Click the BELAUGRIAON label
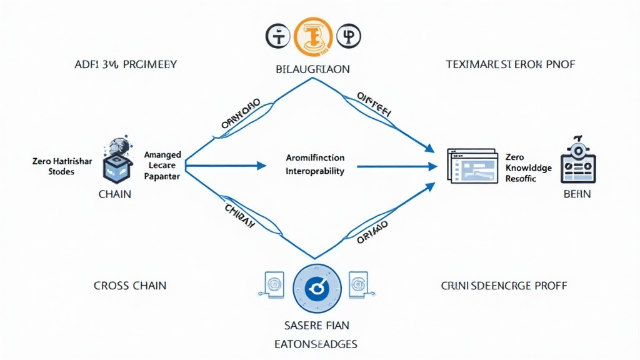pyautogui.click(x=312, y=69)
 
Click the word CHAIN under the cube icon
pyautogui.click(x=115, y=194)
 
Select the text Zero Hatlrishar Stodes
pyautogui.click(x=62, y=166)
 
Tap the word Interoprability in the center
pyautogui.click(x=315, y=171)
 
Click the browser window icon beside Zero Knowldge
pyautogui.click(x=472, y=165)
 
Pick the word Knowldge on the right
pyautogui.click(x=528, y=168)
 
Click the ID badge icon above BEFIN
pyautogui.click(x=577, y=159)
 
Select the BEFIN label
pyautogui.click(x=577, y=194)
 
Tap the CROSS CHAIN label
pyautogui.click(x=130, y=286)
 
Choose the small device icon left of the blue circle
pyautogui.click(x=272, y=284)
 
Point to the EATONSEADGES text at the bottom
pyautogui.click(x=316, y=344)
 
